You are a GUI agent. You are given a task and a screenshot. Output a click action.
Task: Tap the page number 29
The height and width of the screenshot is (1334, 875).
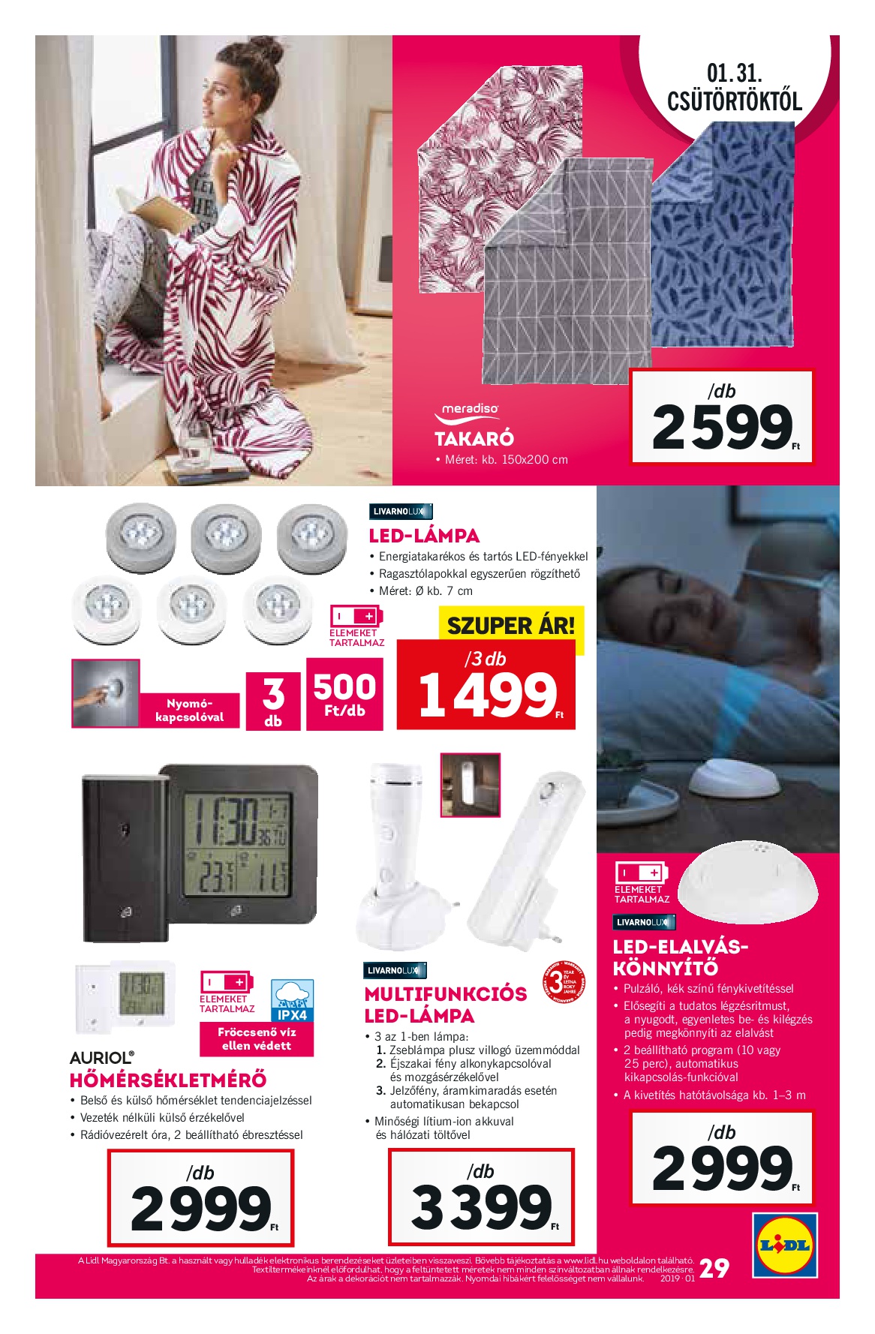(x=714, y=1268)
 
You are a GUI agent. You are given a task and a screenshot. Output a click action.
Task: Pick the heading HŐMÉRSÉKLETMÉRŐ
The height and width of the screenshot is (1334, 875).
(x=167, y=1080)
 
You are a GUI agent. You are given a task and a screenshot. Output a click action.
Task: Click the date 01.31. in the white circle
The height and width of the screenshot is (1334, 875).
(x=734, y=74)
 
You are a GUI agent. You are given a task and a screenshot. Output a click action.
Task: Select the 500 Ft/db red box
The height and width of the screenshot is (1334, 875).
(x=344, y=694)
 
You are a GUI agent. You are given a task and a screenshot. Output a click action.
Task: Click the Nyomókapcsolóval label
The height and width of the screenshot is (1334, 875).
(x=189, y=710)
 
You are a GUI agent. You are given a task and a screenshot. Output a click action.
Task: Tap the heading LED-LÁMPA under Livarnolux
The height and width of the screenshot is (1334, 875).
(x=424, y=536)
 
